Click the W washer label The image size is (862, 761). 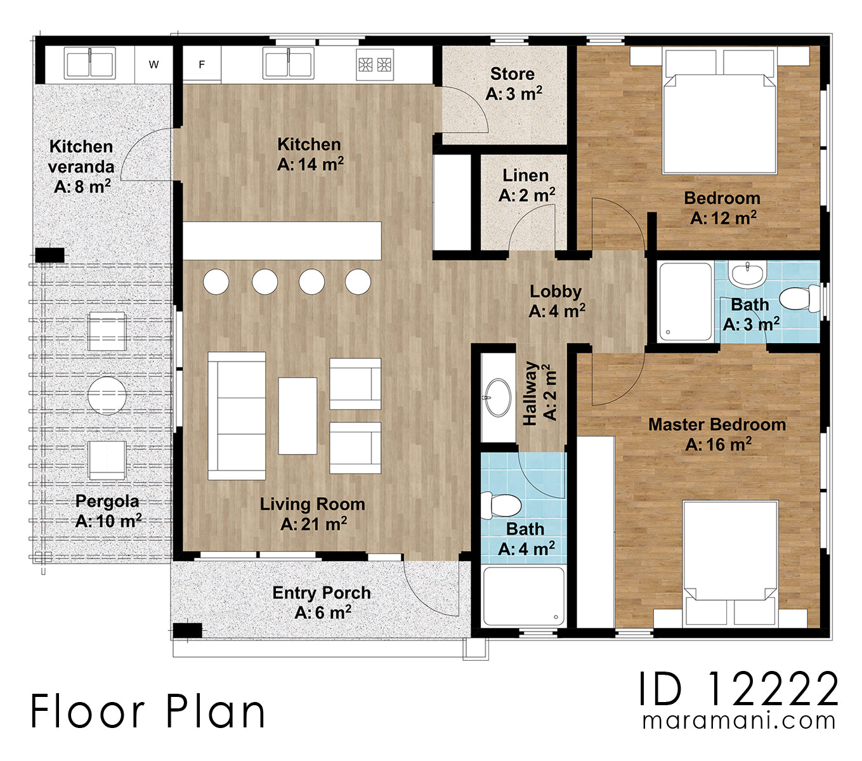pos(153,65)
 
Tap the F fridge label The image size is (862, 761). pos(202,65)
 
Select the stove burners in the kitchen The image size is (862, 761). pos(375,65)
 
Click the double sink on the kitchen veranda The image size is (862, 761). pos(90,63)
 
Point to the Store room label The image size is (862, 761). pos(514,84)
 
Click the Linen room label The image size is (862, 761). pos(526,185)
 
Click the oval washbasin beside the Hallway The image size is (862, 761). pos(498,397)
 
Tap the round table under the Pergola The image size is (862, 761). pos(107,396)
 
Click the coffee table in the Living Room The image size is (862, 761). pos(297,416)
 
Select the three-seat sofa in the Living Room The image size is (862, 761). pos(237,416)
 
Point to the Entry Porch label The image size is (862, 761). pos(322,602)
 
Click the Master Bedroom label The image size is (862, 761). pos(717,434)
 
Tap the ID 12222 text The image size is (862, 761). pos(738,689)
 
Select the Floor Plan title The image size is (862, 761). pos(148,712)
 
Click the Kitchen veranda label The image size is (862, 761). pos(81,167)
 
